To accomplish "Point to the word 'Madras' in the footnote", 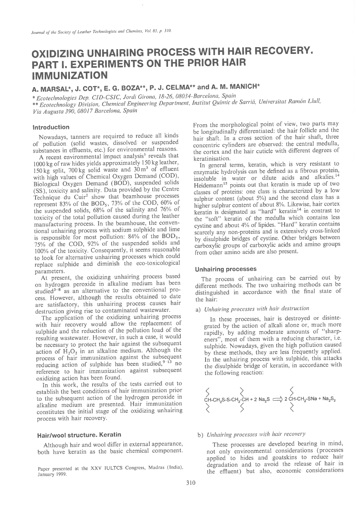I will coord(152,469).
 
